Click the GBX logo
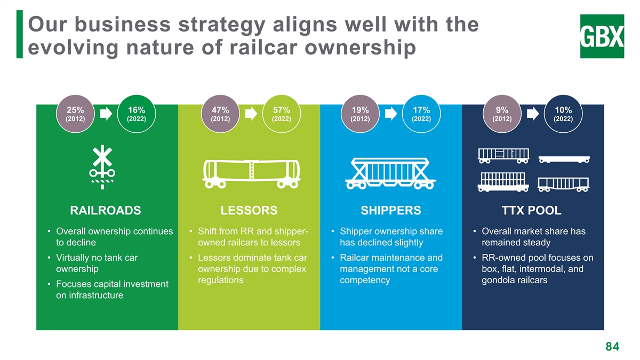pyautogui.click(x=602, y=36)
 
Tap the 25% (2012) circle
pyautogui.click(x=75, y=114)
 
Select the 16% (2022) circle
pyautogui.click(x=137, y=114)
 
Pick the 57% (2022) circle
pyautogui.click(x=282, y=114)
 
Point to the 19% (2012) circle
pyautogui.click(x=360, y=114)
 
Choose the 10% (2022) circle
pyautogui.click(x=563, y=114)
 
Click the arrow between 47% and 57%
pyautogui.click(x=251, y=114)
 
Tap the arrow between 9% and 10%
pyautogui.click(x=533, y=114)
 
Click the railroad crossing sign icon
pyautogui.click(x=102, y=167)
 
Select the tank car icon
pyautogui.click(x=251, y=174)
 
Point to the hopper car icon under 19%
pyautogui.click(x=390, y=173)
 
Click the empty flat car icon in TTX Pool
pyautogui.click(x=564, y=159)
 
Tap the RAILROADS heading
pyautogui.click(x=106, y=211)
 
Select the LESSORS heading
pyautogui.click(x=249, y=211)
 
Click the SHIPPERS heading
pyautogui.click(x=391, y=211)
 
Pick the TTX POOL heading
pyautogui.click(x=532, y=211)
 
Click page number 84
pyautogui.click(x=613, y=347)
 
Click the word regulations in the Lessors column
pyautogui.click(x=221, y=281)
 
